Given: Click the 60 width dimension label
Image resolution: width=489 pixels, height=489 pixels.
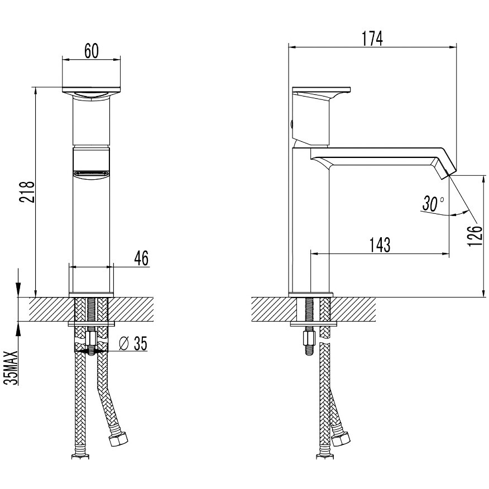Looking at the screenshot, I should (92, 50).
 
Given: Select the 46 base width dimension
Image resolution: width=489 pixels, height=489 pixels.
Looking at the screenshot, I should (141, 259).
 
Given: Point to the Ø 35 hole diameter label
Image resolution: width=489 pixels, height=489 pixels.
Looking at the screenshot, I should (133, 344).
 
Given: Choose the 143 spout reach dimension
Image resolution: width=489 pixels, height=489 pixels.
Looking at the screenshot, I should (378, 245).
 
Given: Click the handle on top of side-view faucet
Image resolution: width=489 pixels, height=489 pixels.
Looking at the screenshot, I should (320, 90).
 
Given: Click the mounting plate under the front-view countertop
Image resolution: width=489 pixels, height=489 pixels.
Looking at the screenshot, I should (91, 323).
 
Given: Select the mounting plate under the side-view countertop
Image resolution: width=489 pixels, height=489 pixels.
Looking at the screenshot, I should (314, 323).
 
